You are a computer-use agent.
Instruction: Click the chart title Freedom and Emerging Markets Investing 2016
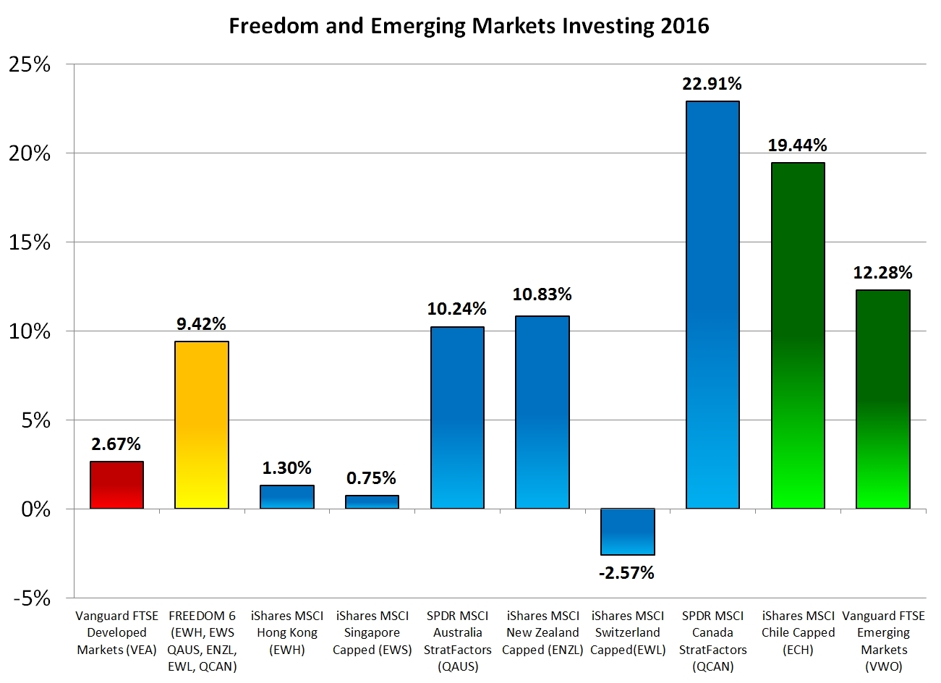click(469, 26)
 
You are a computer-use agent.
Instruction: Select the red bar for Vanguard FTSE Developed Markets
click(116, 485)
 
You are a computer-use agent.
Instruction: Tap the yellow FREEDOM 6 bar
click(202, 425)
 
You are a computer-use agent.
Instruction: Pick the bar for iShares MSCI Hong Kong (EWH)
click(286, 497)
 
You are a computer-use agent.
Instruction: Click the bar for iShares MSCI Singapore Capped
click(372, 502)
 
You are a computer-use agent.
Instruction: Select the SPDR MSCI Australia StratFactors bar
click(457, 418)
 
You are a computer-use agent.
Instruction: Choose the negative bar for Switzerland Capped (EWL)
click(628, 532)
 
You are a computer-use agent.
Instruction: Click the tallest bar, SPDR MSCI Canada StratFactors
click(712, 305)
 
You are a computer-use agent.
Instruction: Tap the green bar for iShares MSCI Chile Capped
click(798, 336)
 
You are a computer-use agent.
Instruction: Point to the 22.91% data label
click(712, 84)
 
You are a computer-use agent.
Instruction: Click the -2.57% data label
click(626, 573)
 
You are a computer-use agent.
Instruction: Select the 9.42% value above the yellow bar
click(202, 324)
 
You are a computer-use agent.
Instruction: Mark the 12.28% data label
click(882, 273)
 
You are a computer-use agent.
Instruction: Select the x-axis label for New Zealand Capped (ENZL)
click(542, 632)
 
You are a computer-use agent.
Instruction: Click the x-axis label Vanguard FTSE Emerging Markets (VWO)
click(883, 641)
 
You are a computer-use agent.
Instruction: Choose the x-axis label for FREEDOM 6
click(202, 641)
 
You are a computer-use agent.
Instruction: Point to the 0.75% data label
click(371, 478)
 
